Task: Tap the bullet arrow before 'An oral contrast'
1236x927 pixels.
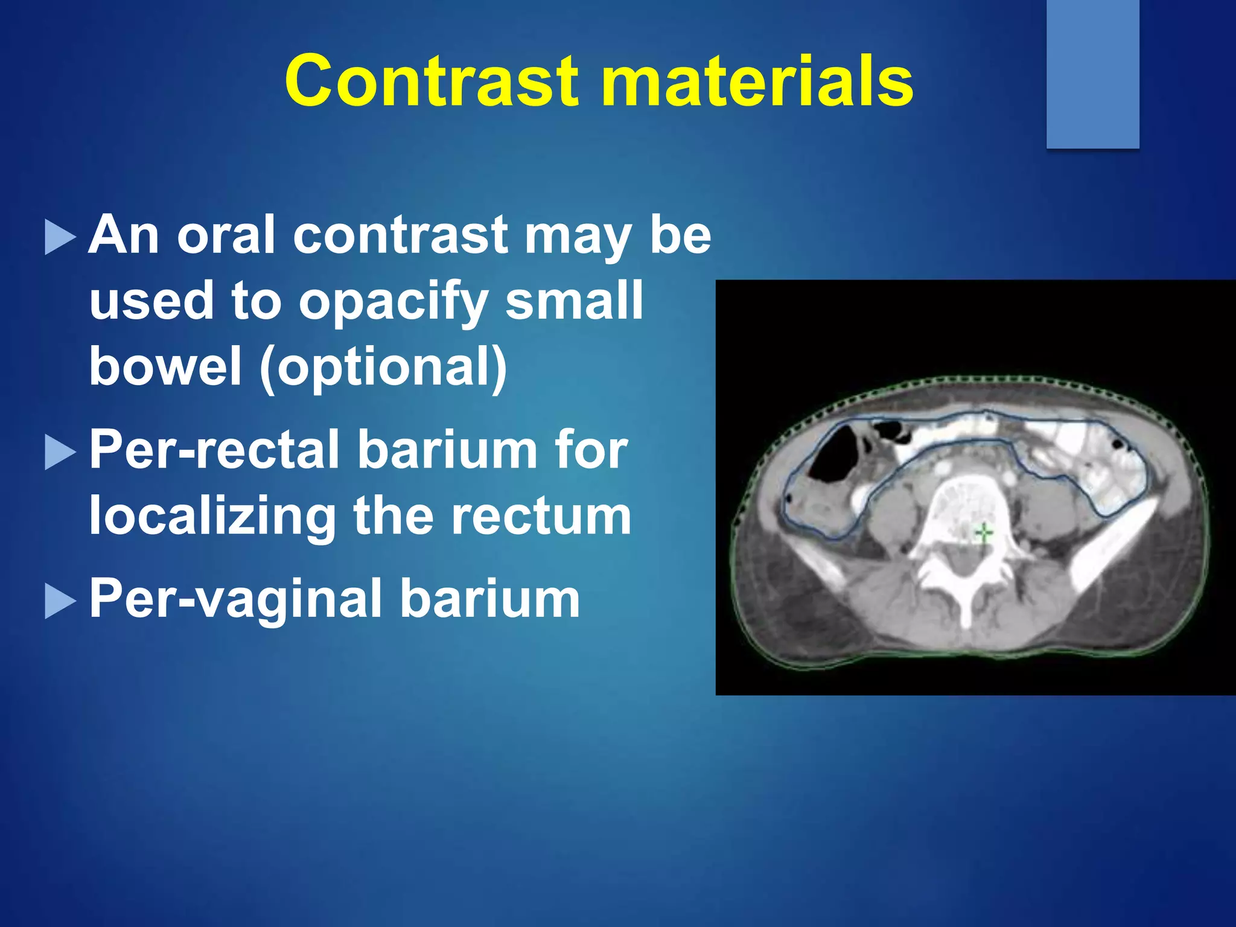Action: (60, 237)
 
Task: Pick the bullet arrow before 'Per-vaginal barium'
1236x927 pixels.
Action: (60, 602)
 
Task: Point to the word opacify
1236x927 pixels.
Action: (393, 301)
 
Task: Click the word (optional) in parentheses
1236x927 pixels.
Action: (384, 367)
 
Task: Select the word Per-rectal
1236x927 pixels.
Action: (215, 450)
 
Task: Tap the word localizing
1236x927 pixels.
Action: (212, 517)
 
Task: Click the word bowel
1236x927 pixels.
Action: (165, 367)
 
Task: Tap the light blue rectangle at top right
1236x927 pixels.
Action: (1092, 74)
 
